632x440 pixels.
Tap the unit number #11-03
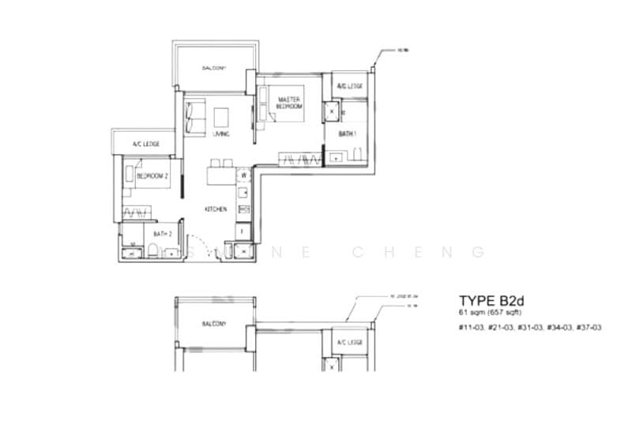pyautogui.click(x=472, y=326)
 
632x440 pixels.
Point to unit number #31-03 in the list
pyautogui.click(x=529, y=326)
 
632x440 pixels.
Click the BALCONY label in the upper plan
pyautogui.click(x=214, y=69)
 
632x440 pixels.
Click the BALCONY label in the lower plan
pyautogui.click(x=214, y=324)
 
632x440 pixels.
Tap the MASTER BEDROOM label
pyautogui.click(x=291, y=102)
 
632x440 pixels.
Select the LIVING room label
pyautogui.click(x=220, y=134)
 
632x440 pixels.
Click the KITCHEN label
pyautogui.click(x=216, y=209)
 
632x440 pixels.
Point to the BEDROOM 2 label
pyautogui.click(x=153, y=177)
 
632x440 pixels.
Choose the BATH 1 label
pyautogui.click(x=348, y=134)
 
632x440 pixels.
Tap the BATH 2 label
pyautogui.click(x=163, y=234)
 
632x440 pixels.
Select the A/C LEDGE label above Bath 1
pyautogui.click(x=349, y=85)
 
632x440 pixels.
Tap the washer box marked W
pyautogui.click(x=244, y=175)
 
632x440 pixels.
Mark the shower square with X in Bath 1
pyautogui.click(x=330, y=111)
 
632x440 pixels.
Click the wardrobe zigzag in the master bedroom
pyautogui.click(x=299, y=160)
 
